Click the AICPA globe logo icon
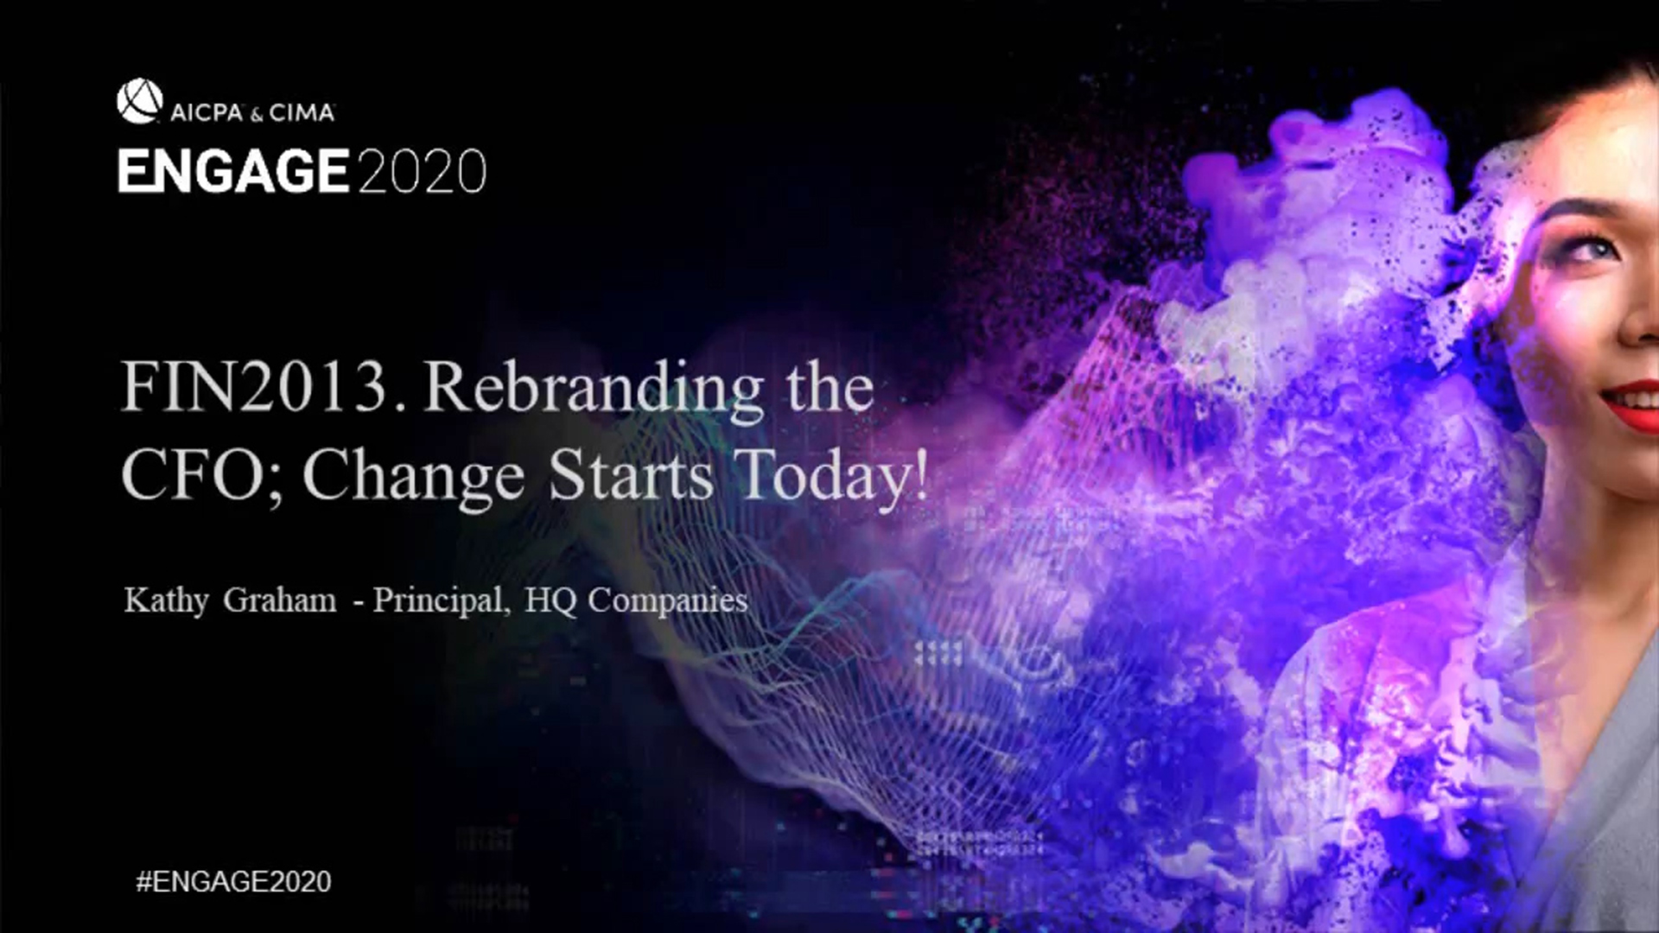[x=139, y=101]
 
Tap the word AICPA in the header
[x=207, y=112]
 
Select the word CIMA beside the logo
[x=302, y=112]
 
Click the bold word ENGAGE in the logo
[x=233, y=171]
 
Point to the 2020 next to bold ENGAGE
[x=421, y=171]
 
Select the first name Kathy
[x=166, y=600]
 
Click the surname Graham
[x=280, y=600]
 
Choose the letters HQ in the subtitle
[x=550, y=600]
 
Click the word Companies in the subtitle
[x=668, y=600]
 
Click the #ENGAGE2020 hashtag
[x=233, y=881]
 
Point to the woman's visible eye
[x=1588, y=251]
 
